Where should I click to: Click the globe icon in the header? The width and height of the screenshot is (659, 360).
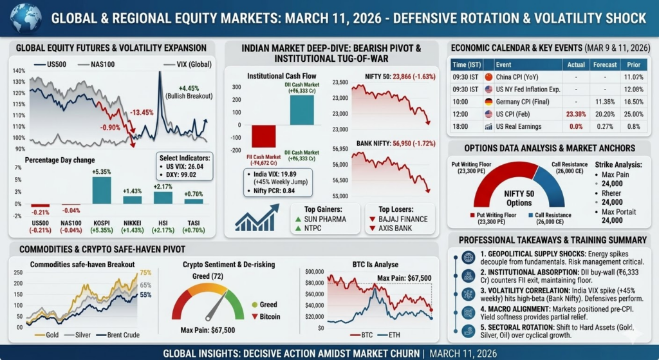click(x=20, y=18)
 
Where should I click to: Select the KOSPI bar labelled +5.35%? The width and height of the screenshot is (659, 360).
click(x=102, y=191)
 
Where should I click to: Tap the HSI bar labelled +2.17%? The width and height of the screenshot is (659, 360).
click(x=163, y=197)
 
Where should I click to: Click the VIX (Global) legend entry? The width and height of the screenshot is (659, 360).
click(x=181, y=64)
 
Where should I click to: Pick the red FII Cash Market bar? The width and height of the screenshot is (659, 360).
click(x=263, y=136)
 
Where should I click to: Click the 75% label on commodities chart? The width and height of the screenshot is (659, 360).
click(x=145, y=272)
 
